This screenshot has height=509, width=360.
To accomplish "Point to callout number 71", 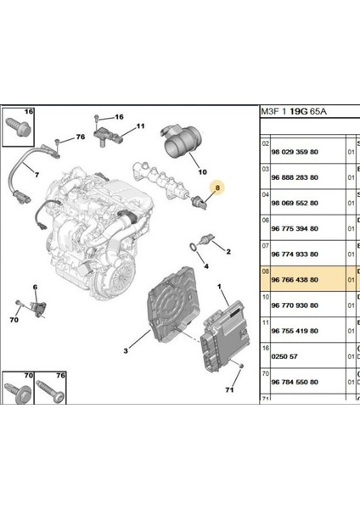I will [228, 392].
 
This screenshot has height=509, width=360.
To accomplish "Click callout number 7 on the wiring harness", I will [37, 174].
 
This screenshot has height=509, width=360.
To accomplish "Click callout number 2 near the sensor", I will [227, 250].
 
